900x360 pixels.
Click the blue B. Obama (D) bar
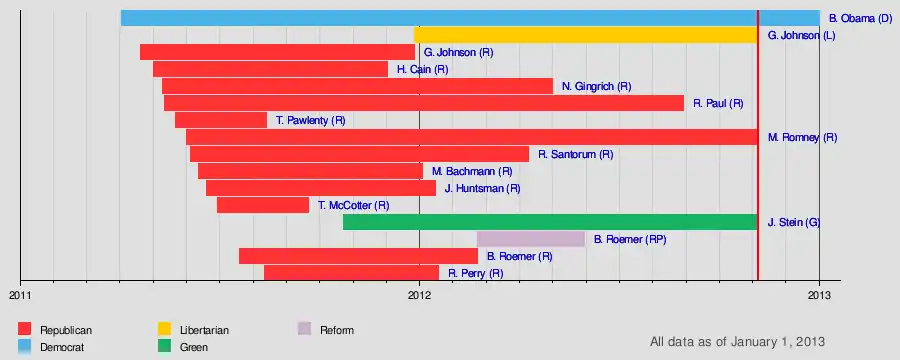470,18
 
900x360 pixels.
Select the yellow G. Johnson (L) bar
586,35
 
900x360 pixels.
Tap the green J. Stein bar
550,222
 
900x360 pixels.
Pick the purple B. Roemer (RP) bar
531,239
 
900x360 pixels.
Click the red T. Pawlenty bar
221,120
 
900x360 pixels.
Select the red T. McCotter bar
263,205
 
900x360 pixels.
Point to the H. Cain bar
270,69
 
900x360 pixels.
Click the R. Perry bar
351,273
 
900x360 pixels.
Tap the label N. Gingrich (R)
597,87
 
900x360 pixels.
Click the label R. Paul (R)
718,104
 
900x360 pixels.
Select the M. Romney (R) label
802,138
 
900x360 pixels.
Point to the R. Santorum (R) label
576,154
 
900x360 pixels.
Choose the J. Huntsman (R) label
483,188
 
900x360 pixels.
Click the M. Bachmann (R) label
472,171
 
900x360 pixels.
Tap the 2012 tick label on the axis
419,295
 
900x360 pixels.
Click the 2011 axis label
20,295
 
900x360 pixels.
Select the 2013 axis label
820,295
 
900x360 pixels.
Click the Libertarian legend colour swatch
165,329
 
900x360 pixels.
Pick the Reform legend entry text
337,331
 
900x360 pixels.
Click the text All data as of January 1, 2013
738,342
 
